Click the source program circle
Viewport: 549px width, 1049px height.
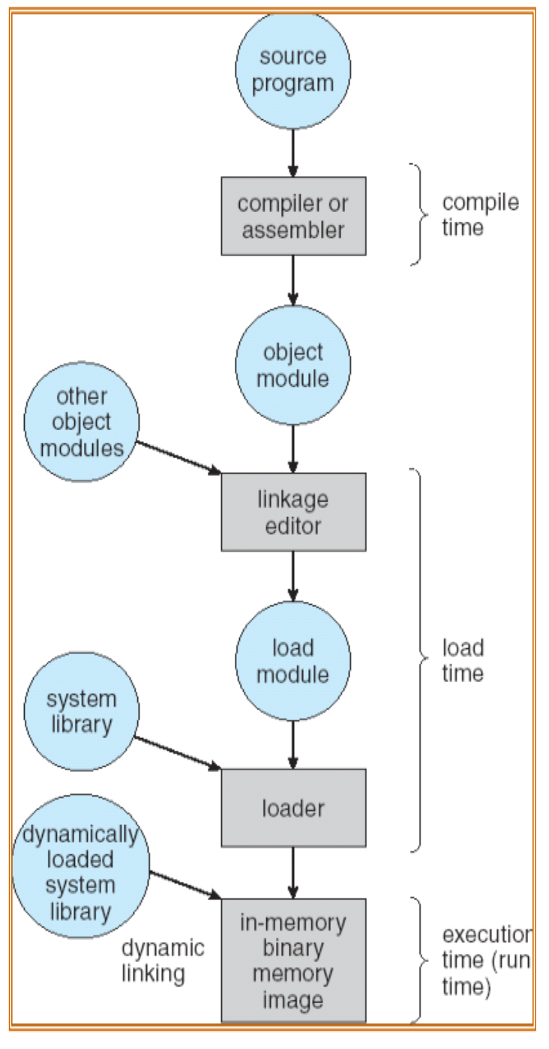tap(293, 70)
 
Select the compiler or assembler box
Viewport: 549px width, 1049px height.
tap(293, 216)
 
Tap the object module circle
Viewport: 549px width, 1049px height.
tap(293, 366)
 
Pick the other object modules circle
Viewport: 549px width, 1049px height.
tap(82, 421)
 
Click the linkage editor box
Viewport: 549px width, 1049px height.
tap(293, 512)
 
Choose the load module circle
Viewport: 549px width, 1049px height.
tap(293, 661)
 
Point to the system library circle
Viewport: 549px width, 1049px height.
tap(82, 711)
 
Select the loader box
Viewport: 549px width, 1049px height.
tap(293, 808)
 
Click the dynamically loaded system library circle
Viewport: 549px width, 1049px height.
tap(81, 866)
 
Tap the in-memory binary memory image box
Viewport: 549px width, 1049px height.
tap(293, 960)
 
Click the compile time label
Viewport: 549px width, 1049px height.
tap(481, 215)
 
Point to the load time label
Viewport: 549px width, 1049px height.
tap(463, 661)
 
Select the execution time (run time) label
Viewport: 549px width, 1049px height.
tap(487, 961)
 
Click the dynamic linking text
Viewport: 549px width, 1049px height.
tap(163, 961)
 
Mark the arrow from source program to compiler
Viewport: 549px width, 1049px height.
tap(293, 153)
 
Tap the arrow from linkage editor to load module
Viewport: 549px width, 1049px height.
tap(293, 576)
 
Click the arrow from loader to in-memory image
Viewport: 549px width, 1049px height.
tap(293, 873)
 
